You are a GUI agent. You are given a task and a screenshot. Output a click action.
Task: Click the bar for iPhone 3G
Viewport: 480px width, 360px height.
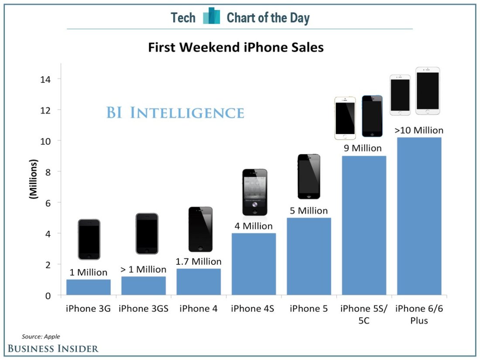click(x=88, y=287)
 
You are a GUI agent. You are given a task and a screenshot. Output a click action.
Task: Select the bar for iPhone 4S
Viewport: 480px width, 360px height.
click(x=254, y=264)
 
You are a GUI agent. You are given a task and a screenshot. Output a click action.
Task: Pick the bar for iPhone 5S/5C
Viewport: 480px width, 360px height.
click(x=364, y=225)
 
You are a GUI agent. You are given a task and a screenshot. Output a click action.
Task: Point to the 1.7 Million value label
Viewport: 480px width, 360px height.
click(x=199, y=262)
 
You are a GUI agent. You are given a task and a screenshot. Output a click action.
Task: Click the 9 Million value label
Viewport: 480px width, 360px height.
click(x=363, y=148)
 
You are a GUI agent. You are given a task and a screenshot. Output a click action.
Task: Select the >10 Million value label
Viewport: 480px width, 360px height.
click(x=418, y=130)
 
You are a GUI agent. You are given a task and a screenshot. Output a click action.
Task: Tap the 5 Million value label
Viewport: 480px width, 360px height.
click(x=309, y=211)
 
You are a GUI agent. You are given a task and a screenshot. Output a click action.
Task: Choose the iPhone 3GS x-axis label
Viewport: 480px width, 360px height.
click(x=144, y=309)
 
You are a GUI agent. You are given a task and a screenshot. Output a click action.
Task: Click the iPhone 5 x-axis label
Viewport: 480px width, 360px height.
click(x=309, y=309)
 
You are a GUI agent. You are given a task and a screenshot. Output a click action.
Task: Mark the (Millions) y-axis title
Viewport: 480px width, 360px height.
click(x=33, y=179)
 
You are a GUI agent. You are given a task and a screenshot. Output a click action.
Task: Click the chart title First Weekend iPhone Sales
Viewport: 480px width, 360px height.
click(x=236, y=47)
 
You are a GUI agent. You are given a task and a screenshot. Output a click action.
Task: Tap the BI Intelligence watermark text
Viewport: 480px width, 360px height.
click(x=175, y=113)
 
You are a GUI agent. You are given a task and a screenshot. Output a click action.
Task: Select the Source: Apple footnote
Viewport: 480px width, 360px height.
click(x=41, y=336)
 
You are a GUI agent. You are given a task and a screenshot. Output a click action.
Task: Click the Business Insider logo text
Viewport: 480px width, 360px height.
click(x=53, y=348)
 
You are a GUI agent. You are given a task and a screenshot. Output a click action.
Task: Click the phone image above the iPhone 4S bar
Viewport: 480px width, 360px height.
click(x=254, y=192)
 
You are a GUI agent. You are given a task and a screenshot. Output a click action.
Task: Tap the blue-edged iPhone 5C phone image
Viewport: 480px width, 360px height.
click(x=372, y=116)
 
